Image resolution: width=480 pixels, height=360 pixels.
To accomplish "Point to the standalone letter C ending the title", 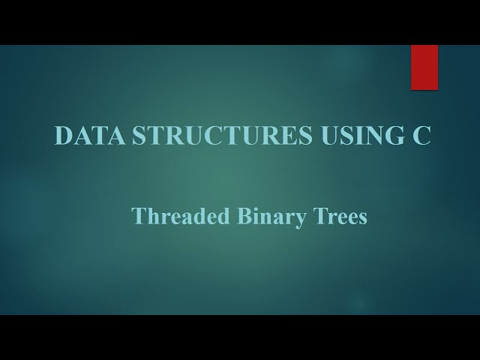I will pyautogui.click(x=422, y=136).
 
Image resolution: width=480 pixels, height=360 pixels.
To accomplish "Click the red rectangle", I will pyautogui.click(x=424, y=67).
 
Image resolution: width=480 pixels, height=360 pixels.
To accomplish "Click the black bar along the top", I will pyautogui.click(x=240, y=22).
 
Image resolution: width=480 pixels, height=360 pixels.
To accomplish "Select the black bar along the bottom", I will pyautogui.click(x=240, y=337).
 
